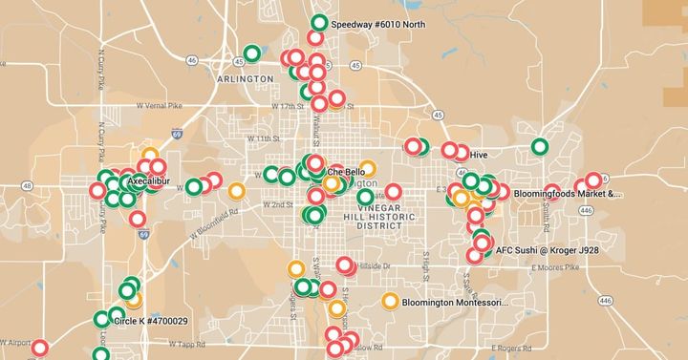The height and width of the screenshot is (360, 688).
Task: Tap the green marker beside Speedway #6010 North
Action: tap(319, 23)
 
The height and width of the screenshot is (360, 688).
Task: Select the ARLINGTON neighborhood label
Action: tap(246, 79)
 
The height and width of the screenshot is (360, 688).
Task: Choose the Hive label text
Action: tap(480, 154)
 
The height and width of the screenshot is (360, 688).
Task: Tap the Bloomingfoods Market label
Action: tap(567, 194)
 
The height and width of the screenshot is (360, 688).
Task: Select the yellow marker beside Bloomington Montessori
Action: tap(390, 302)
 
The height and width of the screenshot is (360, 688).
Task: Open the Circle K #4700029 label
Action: tap(150, 322)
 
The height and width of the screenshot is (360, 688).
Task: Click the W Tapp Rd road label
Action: tap(188, 340)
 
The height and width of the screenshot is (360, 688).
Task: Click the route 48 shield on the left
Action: tap(27, 185)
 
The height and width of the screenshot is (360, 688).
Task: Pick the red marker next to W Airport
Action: tap(39, 349)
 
